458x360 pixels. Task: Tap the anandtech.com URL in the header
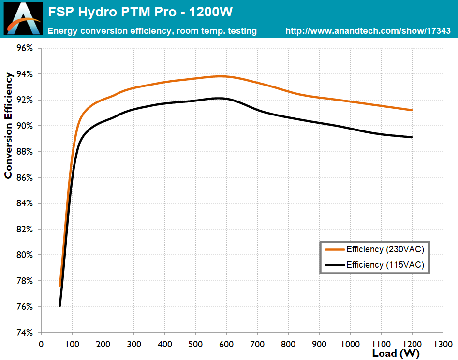coord(368,31)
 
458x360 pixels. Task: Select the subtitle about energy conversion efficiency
coord(152,31)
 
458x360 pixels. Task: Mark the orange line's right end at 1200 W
coord(412,110)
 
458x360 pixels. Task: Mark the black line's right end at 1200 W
coord(412,137)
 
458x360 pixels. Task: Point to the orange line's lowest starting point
coord(60,286)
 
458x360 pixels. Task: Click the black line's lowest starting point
coord(60,306)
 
